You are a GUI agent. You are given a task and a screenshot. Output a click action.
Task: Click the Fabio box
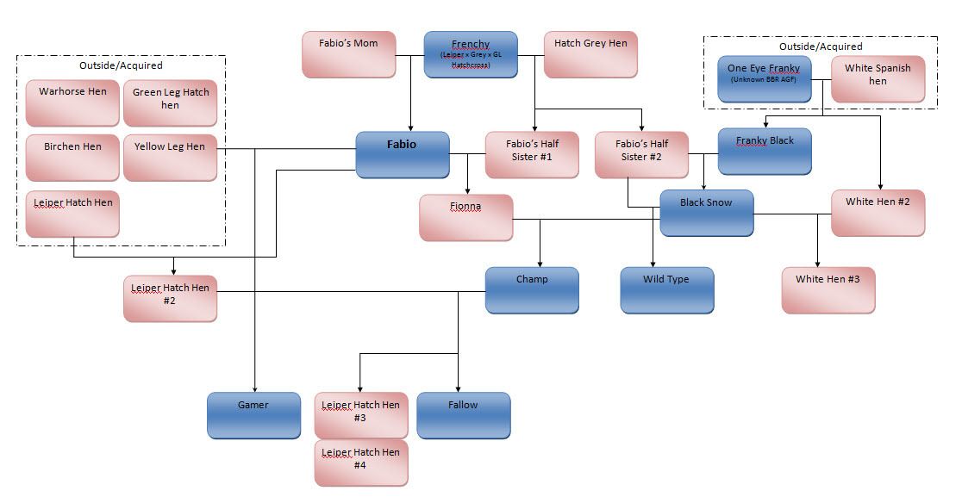tap(403, 154)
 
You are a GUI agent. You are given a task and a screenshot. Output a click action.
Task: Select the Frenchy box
tap(470, 54)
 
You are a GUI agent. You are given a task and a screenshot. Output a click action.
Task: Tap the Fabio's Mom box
tap(348, 54)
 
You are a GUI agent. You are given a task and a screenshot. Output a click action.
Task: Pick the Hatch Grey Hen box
tap(590, 54)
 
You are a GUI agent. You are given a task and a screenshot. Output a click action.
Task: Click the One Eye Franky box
tap(764, 79)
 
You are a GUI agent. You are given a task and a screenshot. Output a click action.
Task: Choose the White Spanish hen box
tap(878, 79)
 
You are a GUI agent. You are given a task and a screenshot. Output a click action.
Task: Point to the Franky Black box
tap(765, 151)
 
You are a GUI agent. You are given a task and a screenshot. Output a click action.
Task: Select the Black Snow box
tap(706, 213)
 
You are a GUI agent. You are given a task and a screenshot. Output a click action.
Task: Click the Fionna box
tap(465, 217)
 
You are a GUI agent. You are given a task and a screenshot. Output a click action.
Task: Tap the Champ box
tap(531, 289)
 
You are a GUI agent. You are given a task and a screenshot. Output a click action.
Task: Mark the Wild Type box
tap(666, 289)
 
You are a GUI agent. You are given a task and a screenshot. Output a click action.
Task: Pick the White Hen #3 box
tap(828, 289)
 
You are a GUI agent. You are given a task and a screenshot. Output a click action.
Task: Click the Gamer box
tap(253, 415)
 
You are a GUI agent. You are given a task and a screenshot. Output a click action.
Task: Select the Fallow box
tap(463, 415)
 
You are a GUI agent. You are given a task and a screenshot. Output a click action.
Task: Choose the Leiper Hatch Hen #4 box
tap(360, 463)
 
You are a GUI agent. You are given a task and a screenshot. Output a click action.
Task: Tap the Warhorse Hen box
tap(72, 103)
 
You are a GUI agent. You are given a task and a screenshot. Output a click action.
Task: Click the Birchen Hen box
tap(72, 158)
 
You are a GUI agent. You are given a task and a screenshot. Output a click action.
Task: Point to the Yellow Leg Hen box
tap(170, 158)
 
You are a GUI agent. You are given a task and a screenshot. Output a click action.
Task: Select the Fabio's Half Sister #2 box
tap(641, 154)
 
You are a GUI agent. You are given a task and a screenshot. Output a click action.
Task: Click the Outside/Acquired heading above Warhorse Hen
tap(120, 65)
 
